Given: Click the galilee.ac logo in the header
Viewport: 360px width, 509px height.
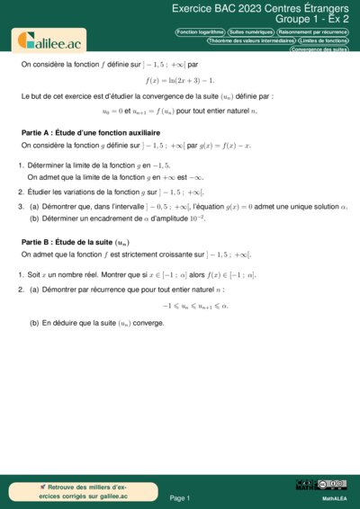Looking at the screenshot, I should coord(47,40).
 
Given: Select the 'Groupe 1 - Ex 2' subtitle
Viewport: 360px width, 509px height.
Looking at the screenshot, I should coord(311,19).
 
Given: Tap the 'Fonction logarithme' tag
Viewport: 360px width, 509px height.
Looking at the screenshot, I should coord(200,31).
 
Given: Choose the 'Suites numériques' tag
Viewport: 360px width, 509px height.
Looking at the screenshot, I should coord(250,31).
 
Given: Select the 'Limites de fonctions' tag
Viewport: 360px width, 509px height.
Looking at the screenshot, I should coord(323,40).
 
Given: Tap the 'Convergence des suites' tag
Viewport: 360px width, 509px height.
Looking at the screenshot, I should coord(319,49).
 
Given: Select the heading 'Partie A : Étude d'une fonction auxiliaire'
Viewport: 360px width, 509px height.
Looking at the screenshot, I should coord(89,132).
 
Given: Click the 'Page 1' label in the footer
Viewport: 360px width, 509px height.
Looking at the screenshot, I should coord(180,497).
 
